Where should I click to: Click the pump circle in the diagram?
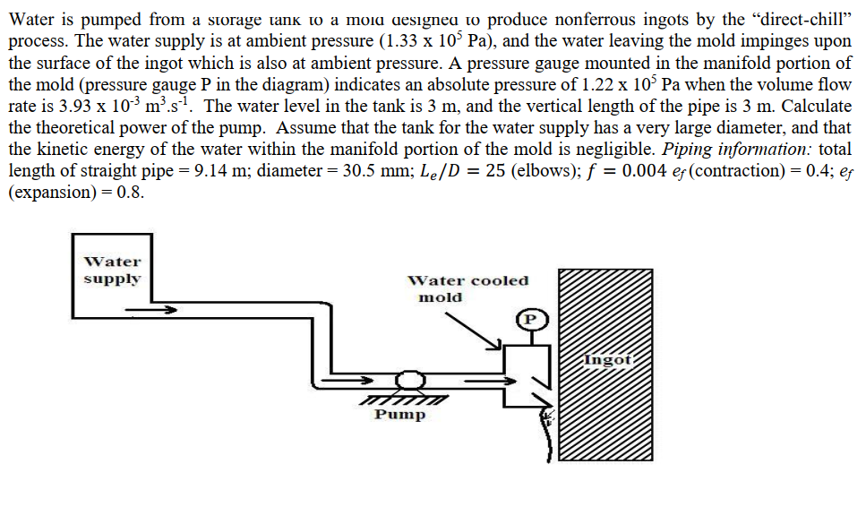[x=409, y=381]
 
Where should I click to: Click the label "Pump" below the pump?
[x=399, y=415]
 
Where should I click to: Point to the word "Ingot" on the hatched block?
[x=608, y=360]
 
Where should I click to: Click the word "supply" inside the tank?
[x=112, y=279]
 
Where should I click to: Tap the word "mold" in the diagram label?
[x=441, y=297]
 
